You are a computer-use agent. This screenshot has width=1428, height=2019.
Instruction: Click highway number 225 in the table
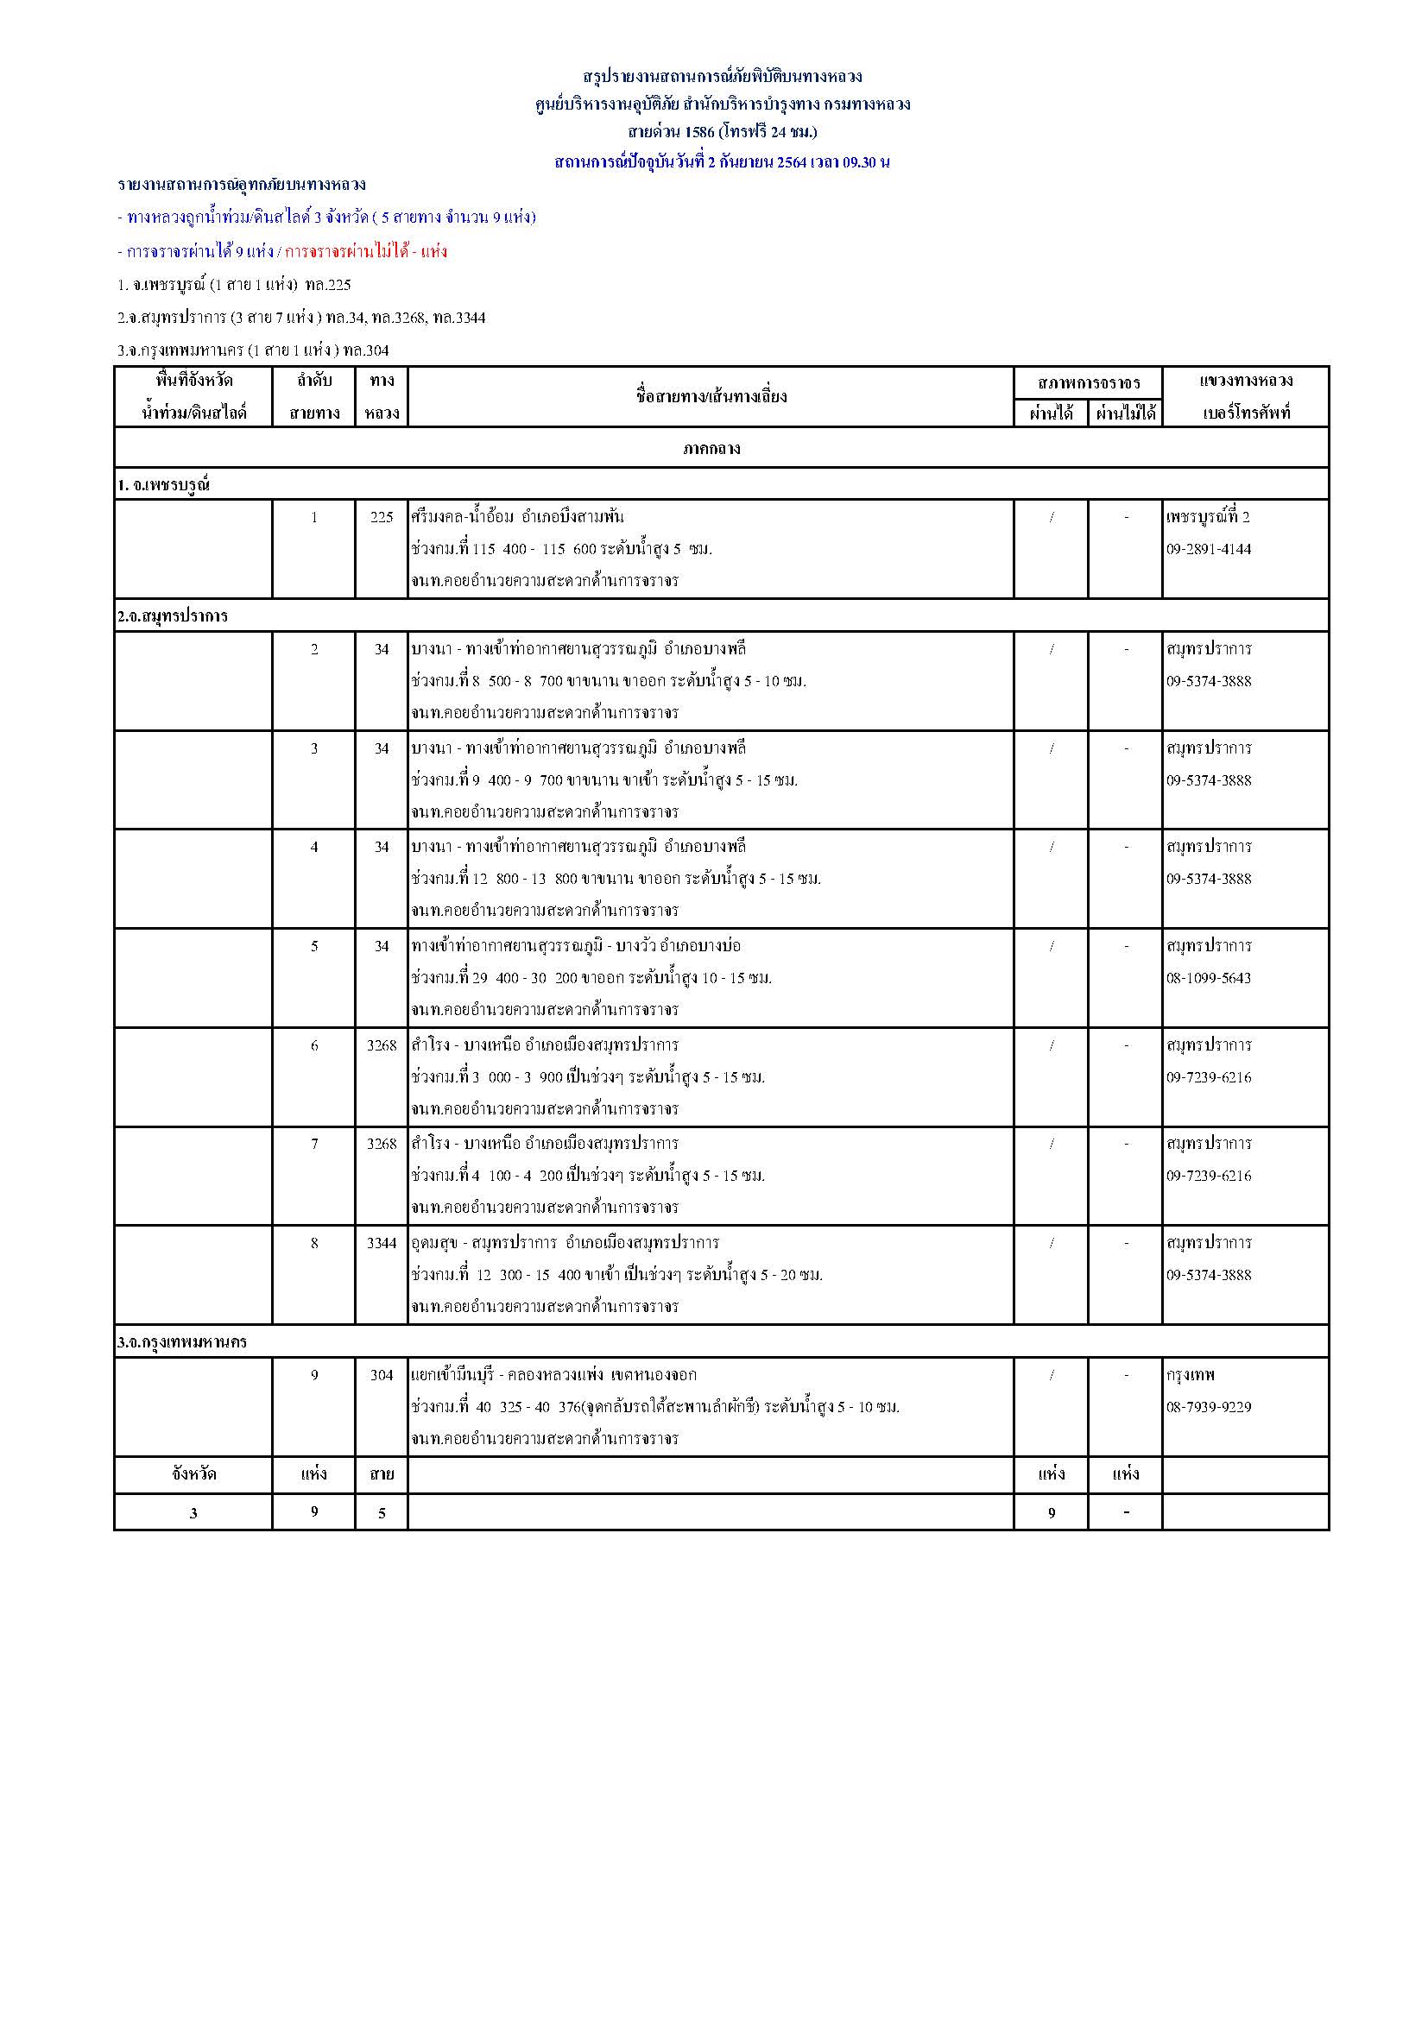coord(382,517)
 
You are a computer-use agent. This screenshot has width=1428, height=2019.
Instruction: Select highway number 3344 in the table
coord(382,1242)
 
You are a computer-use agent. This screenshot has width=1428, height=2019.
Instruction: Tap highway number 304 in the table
coord(382,1374)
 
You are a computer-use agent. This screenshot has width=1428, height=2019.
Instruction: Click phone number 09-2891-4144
coord(1208,549)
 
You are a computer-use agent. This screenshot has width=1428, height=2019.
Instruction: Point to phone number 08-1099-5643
coord(1208,978)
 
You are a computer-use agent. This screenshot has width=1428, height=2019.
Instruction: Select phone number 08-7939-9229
coord(1208,1407)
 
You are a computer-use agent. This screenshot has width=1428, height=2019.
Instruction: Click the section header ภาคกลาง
coord(711,449)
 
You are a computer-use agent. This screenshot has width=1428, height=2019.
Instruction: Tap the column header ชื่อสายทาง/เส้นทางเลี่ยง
coord(711,396)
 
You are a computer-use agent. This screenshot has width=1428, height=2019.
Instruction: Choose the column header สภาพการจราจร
coord(1089,382)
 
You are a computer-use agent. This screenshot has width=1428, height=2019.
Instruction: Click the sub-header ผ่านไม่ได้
coord(1126,413)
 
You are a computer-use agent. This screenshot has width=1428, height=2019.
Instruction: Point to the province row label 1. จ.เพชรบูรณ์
coord(163,484)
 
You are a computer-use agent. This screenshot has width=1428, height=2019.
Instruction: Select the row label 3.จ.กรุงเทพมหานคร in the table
coord(182,1342)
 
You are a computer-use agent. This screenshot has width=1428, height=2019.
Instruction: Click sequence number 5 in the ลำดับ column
coord(314,946)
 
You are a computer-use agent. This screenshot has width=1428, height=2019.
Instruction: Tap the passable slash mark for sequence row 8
coord(1052,1242)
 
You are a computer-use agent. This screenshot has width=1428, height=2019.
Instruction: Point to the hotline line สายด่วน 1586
coord(722,132)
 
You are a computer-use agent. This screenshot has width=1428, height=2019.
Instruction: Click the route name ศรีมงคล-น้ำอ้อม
coord(463,517)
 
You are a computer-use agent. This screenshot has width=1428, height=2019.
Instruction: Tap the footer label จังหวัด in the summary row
coord(193,1473)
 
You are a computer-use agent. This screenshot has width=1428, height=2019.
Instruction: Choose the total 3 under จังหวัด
coord(193,1513)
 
